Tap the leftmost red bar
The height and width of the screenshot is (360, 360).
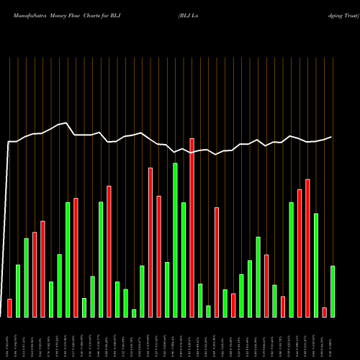(9, 308)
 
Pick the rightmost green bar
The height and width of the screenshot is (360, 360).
(333, 292)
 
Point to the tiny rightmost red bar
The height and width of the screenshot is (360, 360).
(324, 312)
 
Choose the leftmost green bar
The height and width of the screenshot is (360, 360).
(18, 291)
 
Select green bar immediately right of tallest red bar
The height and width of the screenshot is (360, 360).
(200, 300)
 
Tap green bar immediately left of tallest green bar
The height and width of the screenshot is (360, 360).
(167, 289)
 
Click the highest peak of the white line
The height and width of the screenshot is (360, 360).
(67, 122)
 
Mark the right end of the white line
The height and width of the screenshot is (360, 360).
(332, 137)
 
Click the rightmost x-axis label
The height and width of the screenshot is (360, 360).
(333, 338)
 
